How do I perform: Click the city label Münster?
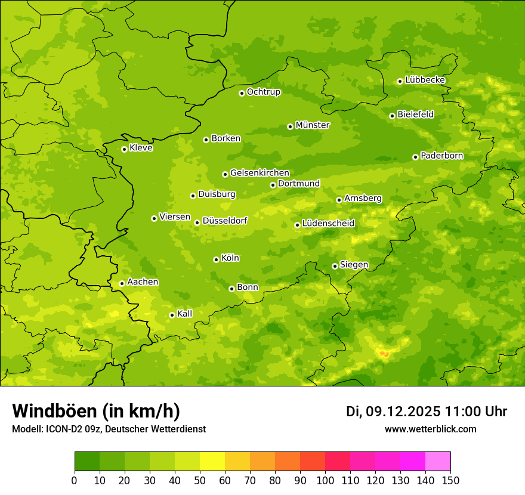click(x=313, y=125)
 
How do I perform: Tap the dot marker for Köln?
click(x=216, y=259)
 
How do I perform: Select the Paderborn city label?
click(x=441, y=156)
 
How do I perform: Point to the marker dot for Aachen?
click(x=122, y=283)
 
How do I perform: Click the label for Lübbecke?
click(x=425, y=80)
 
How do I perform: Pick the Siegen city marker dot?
click(x=335, y=266)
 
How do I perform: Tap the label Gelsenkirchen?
click(x=260, y=173)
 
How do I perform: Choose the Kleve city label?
click(x=141, y=148)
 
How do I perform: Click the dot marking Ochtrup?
click(x=242, y=93)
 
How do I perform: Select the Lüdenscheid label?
click(x=328, y=224)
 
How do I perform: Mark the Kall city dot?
click(x=172, y=315)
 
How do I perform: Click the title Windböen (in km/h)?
click(x=96, y=411)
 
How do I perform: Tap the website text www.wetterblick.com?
click(x=430, y=429)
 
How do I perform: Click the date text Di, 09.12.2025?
click(x=393, y=412)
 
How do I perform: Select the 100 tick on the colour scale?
click(x=325, y=480)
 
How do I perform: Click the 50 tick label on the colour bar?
click(x=200, y=480)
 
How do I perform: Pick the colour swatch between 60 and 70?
click(x=237, y=462)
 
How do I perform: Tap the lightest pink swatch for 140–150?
click(x=438, y=462)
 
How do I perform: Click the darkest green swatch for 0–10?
click(x=87, y=462)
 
